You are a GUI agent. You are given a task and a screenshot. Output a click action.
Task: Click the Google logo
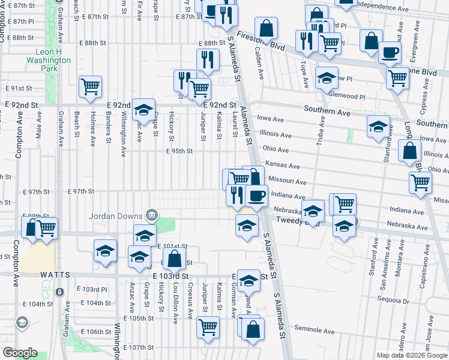click(20, 353)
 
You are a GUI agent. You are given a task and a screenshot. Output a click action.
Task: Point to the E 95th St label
click(179, 151)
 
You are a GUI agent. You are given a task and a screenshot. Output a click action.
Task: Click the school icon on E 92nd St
click(143, 109)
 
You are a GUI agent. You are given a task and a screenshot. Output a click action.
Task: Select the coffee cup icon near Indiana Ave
click(256, 195)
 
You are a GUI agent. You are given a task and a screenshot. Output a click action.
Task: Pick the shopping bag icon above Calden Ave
click(265, 28)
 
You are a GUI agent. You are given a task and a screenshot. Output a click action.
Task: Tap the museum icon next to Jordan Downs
click(151, 215)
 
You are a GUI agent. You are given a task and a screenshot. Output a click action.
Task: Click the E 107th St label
click(139, 347)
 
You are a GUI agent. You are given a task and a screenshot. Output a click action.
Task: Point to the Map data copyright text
click(411, 355)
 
